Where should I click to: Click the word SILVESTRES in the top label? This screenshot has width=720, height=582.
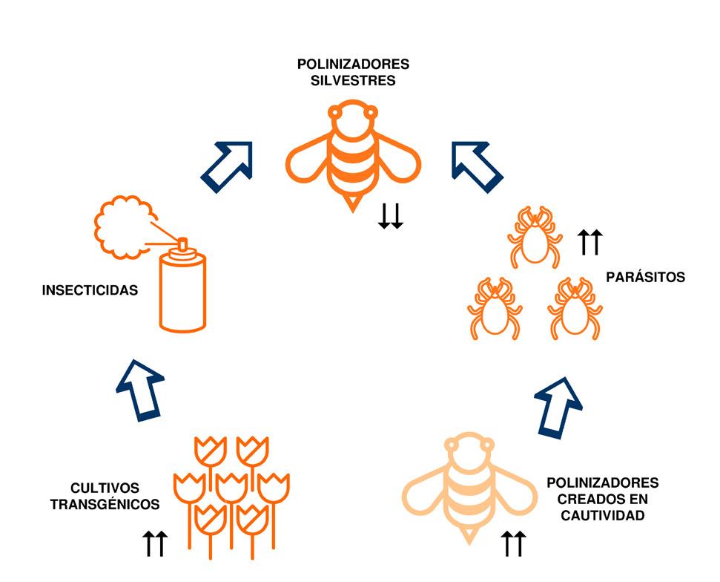tap(353, 79)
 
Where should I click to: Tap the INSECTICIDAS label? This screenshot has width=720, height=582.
tap(90, 290)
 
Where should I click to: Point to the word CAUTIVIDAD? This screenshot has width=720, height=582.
tap(602, 514)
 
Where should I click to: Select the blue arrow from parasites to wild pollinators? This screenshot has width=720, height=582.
tap(477, 166)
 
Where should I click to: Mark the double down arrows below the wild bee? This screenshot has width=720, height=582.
tap(390, 216)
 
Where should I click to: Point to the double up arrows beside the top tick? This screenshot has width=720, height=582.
tap(591, 242)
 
